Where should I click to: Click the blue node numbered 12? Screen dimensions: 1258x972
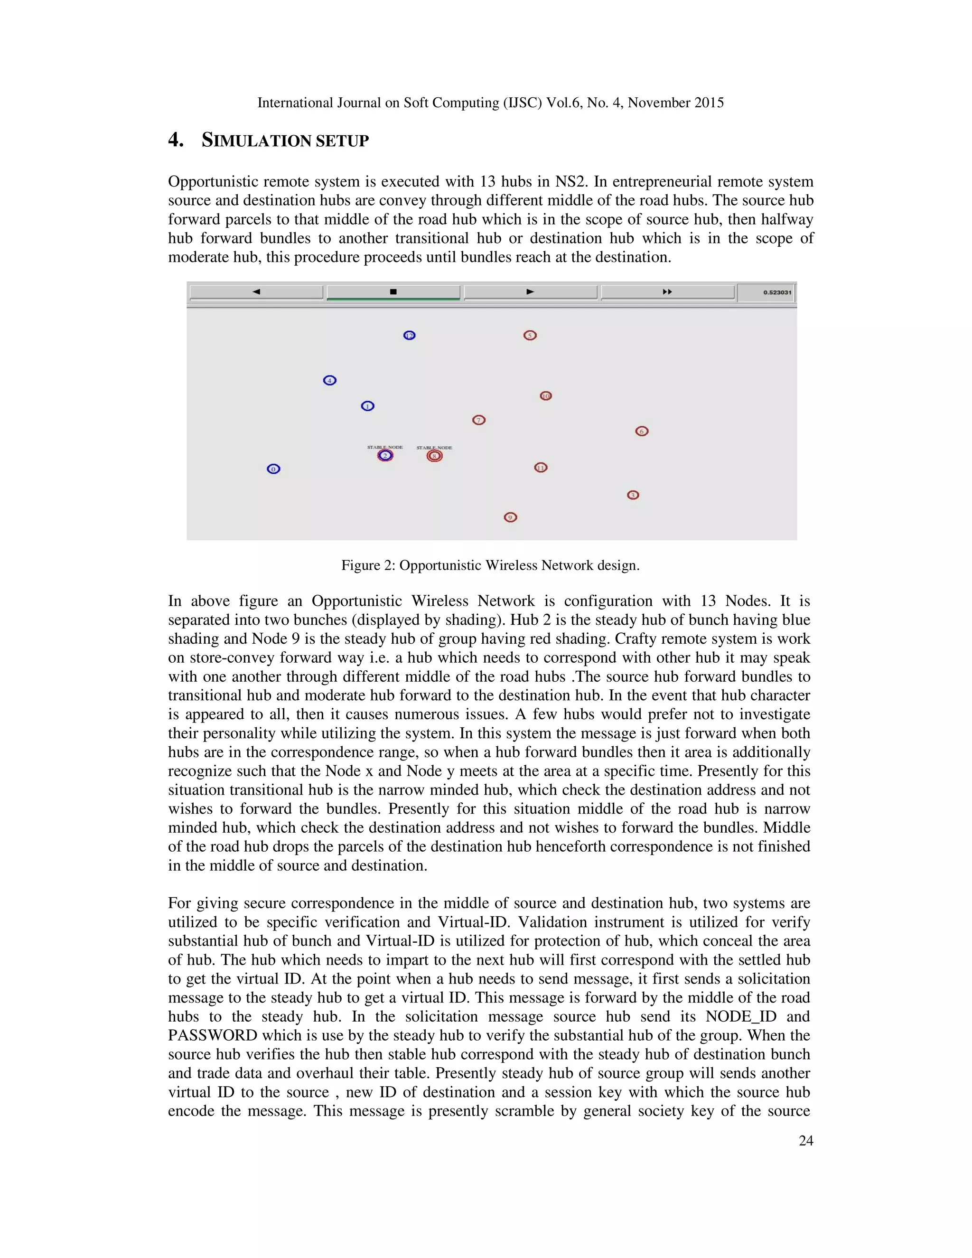click(x=409, y=335)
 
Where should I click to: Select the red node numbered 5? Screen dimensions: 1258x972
click(x=530, y=335)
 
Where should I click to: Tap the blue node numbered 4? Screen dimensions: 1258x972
click(x=329, y=380)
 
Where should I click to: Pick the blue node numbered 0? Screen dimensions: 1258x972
click(x=273, y=469)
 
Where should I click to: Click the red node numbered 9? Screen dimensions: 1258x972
click(x=510, y=517)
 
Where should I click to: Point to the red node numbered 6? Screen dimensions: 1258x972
click(x=642, y=431)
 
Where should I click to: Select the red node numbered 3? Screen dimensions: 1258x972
click(x=633, y=495)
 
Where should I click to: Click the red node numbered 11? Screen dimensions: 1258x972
click(x=541, y=467)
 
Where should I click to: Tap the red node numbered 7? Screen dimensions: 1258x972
click(x=478, y=420)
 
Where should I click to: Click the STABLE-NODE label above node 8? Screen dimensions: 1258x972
click(x=434, y=448)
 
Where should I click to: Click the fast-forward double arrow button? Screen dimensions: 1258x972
click(x=667, y=292)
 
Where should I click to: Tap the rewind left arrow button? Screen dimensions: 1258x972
click(x=256, y=292)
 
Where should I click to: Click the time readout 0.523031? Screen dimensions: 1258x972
click(x=777, y=292)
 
